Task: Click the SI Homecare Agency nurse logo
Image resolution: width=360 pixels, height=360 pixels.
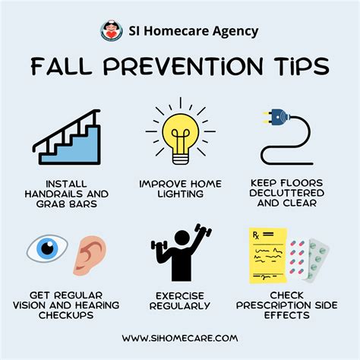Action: pyautogui.click(x=112, y=31)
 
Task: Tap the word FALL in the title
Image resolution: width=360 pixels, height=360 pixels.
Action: pyautogui.click(x=61, y=67)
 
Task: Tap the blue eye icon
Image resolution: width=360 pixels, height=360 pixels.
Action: pyautogui.click(x=46, y=250)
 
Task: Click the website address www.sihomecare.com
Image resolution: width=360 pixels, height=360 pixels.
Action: pyautogui.click(x=181, y=336)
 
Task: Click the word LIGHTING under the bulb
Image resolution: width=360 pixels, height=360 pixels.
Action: pyautogui.click(x=180, y=194)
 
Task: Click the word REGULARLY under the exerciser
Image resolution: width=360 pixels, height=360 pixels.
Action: pyautogui.click(x=180, y=305)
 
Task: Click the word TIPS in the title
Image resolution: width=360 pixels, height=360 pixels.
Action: pyautogui.click(x=302, y=67)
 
